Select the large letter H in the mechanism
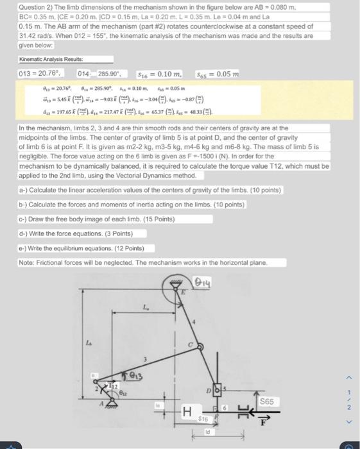pyautogui.click(x=187, y=412)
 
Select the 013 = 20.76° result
pyautogui.click(x=40, y=75)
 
